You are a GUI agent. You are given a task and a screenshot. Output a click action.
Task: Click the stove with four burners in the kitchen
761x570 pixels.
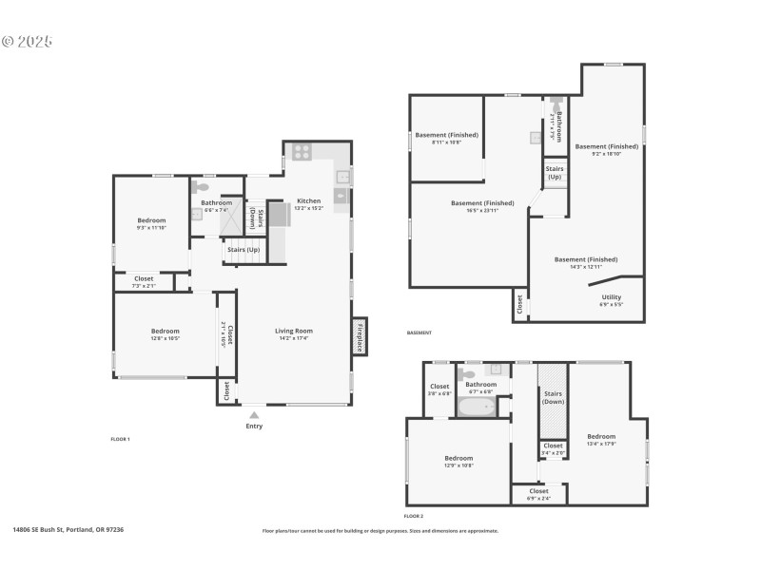pyautogui.click(x=301, y=151)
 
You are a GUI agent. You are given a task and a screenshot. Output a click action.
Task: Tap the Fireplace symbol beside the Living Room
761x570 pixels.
pyautogui.click(x=360, y=337)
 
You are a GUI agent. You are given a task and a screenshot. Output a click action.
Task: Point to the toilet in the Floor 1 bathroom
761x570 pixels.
pyautogui.click(x=201, y=187)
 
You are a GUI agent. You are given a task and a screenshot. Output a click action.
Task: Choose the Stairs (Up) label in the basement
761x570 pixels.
pyautogui.click(x=555, y=173)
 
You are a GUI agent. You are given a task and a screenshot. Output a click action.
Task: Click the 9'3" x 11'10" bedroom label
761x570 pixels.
pyautogui.click(x=151, y=223)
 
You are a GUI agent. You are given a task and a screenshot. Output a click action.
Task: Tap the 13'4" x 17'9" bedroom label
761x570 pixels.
pyautogui.click(x=601, y=439)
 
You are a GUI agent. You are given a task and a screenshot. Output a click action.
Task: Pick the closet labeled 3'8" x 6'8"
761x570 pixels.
pyautogui.click(x=439, y=389)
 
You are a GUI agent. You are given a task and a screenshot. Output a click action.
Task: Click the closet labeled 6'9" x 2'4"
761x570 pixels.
pyautogui.click(x=538, y=494)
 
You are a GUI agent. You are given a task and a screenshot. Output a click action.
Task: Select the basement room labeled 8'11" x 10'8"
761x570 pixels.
pyautogui.click(x=446, y=138)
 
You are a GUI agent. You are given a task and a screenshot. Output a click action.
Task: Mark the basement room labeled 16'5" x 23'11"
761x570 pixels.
pyautogui.click(x=482, y=206)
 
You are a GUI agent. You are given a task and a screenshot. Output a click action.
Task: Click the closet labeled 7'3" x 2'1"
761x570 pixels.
pyautogui.click(x=144, y=281)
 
